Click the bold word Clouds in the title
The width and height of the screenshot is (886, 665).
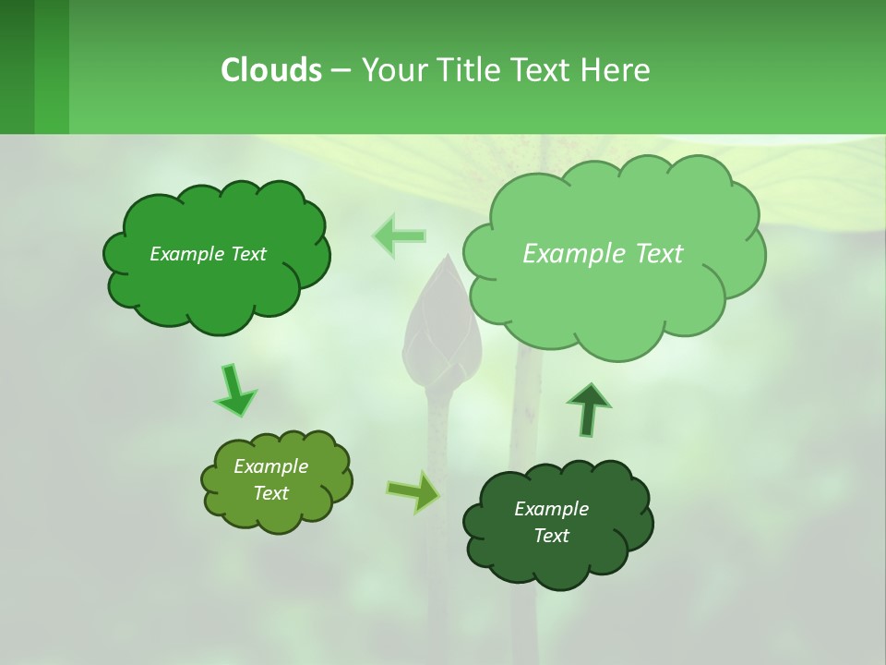pyautogui.click(x=271, y=70)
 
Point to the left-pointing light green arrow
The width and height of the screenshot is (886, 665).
pyautogui.click(x=399, y=236)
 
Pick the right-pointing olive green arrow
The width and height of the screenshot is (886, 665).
pyautogui.click(x=413, y=492)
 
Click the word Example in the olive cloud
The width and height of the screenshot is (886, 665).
pyautogui.click(x=270, y=466)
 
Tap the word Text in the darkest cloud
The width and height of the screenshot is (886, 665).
pyautogui.click(x=551, y=536)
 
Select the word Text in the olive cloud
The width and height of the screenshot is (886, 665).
pyautogui.click(x=270, y=493)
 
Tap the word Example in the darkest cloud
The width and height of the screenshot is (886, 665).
pyautogui.click(x=551, y=509)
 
